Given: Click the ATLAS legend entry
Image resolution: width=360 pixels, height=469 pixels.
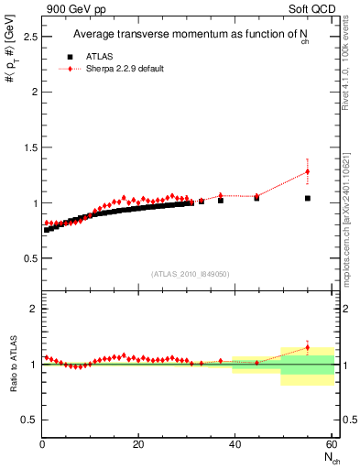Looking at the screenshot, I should point(97,56).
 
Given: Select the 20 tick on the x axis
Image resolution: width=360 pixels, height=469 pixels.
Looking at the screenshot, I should point(137,445).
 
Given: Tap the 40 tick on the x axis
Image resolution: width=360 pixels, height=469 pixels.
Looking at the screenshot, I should point(235,445).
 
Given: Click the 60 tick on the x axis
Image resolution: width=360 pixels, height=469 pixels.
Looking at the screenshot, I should point(331,445).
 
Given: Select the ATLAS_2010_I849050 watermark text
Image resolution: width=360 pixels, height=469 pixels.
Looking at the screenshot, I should point(190,273).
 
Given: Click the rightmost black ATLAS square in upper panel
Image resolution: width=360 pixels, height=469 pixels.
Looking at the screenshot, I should point(308,198).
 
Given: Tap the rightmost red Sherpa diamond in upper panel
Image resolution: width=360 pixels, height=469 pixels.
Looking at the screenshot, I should point(308,171).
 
